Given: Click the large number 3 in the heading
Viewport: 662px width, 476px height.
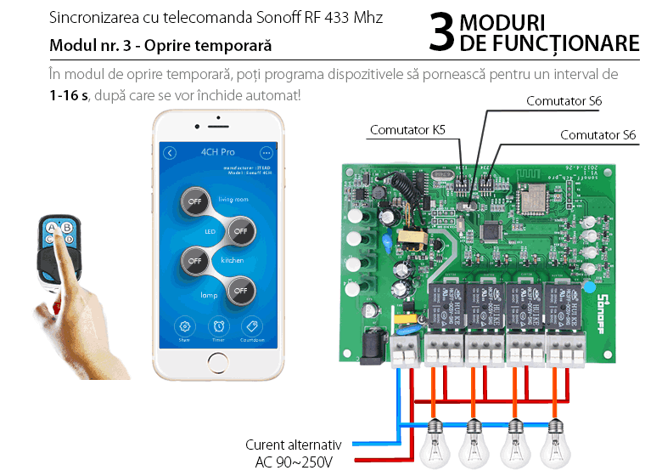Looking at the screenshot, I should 441,33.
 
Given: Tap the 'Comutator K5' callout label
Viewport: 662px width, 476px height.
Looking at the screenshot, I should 407,130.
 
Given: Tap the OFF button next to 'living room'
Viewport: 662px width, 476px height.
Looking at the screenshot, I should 197,201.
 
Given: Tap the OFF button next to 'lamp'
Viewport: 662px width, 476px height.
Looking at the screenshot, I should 241,290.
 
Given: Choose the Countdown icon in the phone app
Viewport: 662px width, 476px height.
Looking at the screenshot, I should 251,326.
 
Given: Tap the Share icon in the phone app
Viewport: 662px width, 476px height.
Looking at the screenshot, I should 184,326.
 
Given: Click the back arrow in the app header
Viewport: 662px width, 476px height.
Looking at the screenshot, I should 170,153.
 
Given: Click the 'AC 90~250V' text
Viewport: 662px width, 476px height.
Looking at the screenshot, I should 294,462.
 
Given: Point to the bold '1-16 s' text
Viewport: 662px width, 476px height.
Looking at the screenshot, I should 69,93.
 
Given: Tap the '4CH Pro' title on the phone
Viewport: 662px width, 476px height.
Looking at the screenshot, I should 217,153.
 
